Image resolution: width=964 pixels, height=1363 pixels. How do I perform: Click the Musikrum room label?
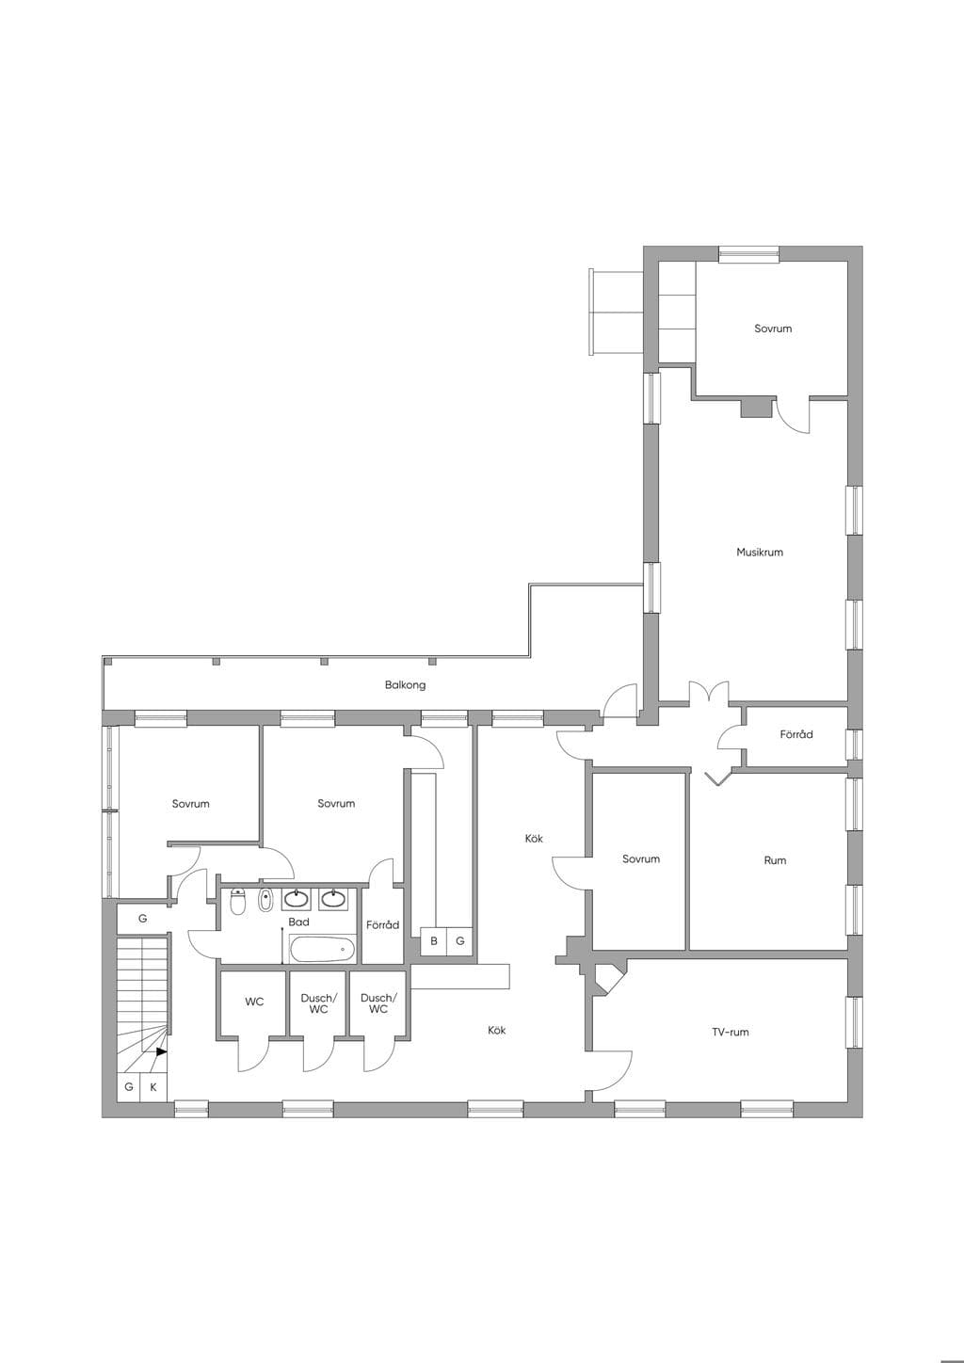tap(760, 552)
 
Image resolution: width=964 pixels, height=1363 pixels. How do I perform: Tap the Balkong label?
tap(405, 685)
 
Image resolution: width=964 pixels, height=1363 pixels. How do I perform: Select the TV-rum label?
tap(731, 1032)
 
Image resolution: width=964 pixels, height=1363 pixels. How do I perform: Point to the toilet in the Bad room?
tap(237, 901)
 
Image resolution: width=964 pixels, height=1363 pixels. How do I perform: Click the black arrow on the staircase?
tap(161, 1051)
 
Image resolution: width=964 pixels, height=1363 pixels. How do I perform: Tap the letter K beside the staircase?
tap(153, 1087)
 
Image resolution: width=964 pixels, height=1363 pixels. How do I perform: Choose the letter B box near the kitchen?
tap(434, 940)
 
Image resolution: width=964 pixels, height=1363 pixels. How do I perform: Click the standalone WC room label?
tap(254, 1002)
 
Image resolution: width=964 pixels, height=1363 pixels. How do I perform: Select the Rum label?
tap(775, 860)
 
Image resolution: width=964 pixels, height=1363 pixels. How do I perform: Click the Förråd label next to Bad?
tap(383, 925)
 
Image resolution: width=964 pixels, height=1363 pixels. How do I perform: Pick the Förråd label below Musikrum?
tap(796, 734)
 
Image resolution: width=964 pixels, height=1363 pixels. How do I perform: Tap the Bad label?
tap(298, 922)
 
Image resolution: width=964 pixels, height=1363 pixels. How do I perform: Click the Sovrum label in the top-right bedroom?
tap(773, 329)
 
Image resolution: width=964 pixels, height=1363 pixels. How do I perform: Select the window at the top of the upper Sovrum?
tap(748, 254)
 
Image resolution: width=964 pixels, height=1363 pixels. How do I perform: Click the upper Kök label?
tap(534, 839)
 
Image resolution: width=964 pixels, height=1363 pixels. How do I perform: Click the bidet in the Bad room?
tap(265, 901)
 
